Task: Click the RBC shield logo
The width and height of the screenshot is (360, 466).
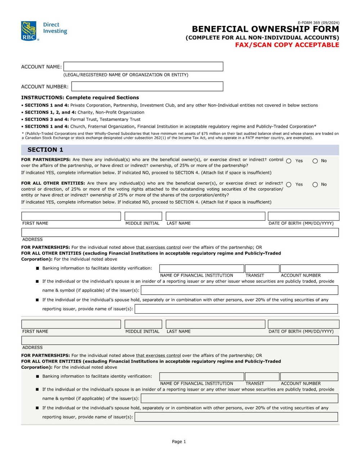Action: (29, 31)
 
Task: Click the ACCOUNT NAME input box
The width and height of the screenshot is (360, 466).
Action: (143, 67)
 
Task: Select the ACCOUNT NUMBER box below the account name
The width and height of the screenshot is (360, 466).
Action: (147, 86)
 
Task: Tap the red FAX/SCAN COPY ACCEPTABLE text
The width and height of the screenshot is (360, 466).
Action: (287, 45)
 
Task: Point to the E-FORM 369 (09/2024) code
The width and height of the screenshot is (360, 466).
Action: (318, 23)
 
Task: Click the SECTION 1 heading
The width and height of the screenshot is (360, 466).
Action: (45, 150)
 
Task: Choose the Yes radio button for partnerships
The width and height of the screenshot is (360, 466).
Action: (289, 161)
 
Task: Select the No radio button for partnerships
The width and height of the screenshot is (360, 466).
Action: (315, 161)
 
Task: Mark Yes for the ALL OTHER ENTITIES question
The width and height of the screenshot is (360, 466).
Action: (289, 185)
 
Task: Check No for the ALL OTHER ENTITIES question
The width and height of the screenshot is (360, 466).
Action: (315, 185)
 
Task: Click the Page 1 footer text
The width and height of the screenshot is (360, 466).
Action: (179, 442)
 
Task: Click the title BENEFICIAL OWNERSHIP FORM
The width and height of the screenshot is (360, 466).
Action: (265, 29)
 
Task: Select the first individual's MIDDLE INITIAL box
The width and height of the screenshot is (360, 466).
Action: (143, 216)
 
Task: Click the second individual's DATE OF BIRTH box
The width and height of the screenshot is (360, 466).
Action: (303, 324)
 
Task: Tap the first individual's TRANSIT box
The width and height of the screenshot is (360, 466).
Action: (262, 269)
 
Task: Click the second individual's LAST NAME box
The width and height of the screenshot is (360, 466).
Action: (215, 324)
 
